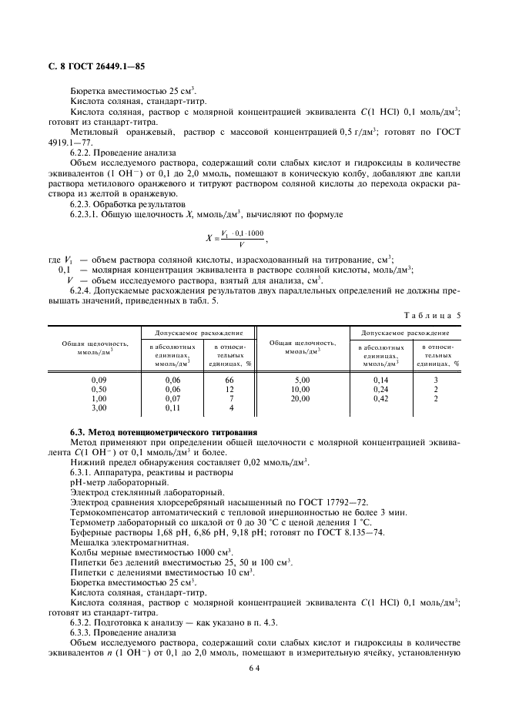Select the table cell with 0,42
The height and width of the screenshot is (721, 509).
coord(380,398)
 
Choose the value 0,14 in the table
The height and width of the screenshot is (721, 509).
coord(380,381)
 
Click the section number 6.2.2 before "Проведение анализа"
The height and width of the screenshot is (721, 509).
coord(83,153)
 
